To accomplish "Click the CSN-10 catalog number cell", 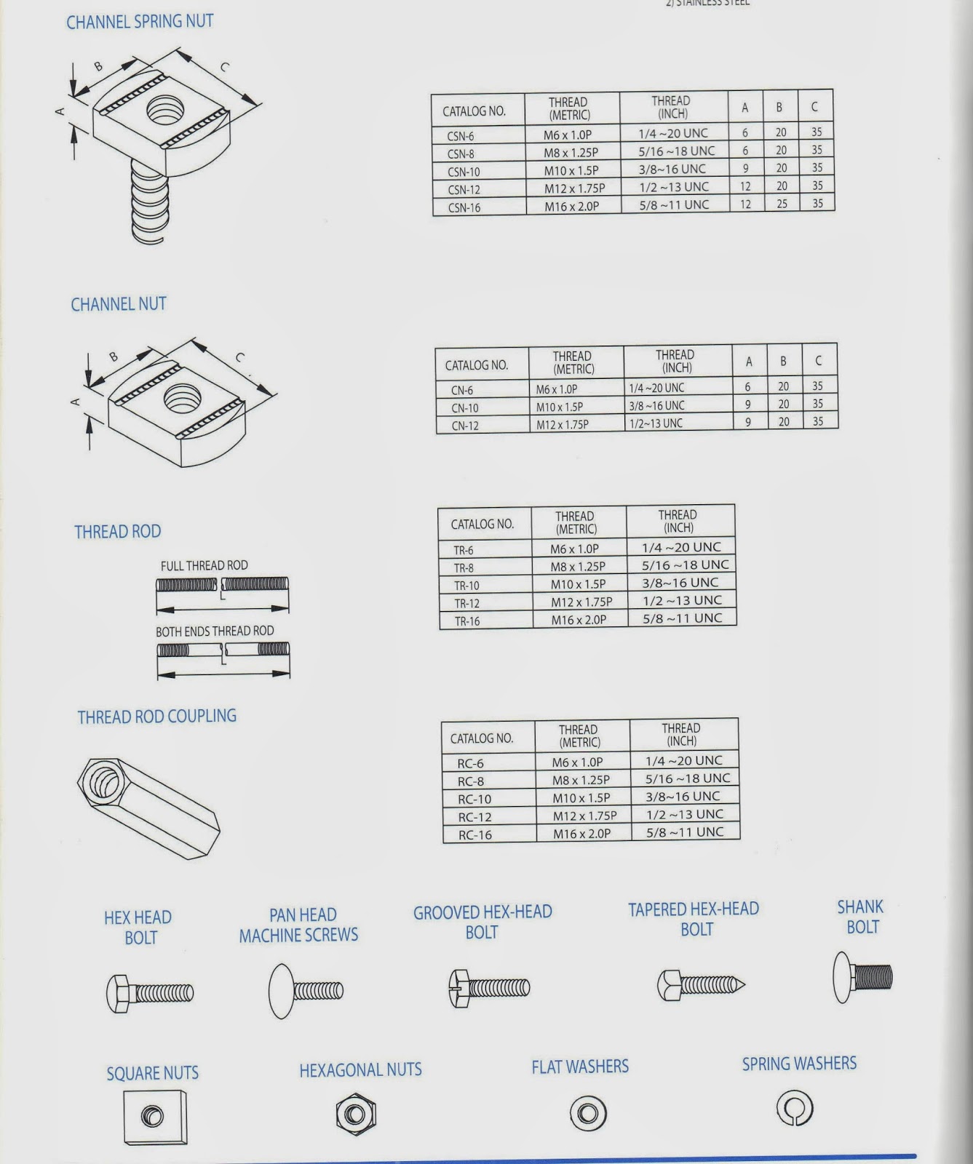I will click(464, 172).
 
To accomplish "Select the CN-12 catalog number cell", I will click(465, 426).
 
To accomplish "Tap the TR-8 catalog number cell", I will click(464, 568).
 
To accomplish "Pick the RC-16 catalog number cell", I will click(475, 835).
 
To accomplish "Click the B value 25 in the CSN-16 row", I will click(782, 204).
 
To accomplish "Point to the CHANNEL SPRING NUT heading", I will click(140, 22).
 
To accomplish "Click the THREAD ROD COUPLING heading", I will click(157, 717).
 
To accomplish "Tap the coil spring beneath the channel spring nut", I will click(151, 204).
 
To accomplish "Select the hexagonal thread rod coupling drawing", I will click(148, 805).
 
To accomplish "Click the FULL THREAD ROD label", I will click(204, 565).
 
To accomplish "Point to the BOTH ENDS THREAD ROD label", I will click(215, 631).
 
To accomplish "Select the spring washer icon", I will click(795, 1109).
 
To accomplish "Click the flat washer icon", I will click(588, 1113).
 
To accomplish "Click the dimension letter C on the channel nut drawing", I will click(240, 357).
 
